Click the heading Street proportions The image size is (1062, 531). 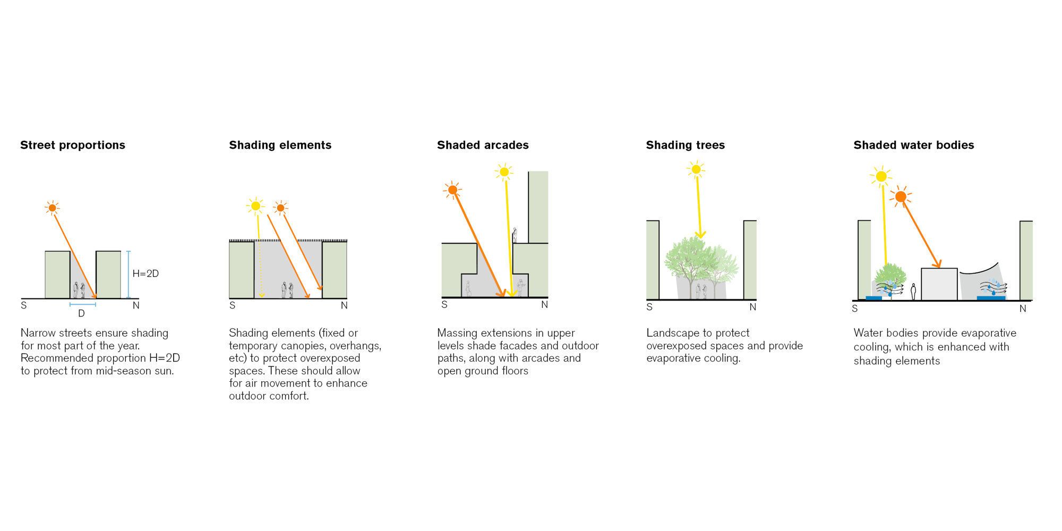pos(73,145)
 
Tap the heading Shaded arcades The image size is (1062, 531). pos(483,145)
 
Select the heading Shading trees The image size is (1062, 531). pos(685,145)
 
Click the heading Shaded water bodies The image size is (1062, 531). pos(913,145)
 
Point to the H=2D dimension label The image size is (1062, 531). pos(145,273)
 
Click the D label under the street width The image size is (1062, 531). pos(81,313)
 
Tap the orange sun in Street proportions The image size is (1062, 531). pos(52,208)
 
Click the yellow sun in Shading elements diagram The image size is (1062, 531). pos(255,206)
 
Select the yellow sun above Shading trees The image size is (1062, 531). pos(696,169)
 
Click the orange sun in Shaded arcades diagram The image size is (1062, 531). pos(452,190)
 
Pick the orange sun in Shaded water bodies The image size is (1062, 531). pos(901,197)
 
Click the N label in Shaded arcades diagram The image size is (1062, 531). pos(544,305)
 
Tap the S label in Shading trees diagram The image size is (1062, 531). pos(649,307)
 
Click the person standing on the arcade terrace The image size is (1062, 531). pos(514,235)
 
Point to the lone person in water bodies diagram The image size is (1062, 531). pos(913,292)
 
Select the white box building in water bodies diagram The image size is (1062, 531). pos(939,284)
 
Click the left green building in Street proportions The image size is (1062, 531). pos(57,275)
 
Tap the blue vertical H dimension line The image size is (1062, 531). pos(129,275)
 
